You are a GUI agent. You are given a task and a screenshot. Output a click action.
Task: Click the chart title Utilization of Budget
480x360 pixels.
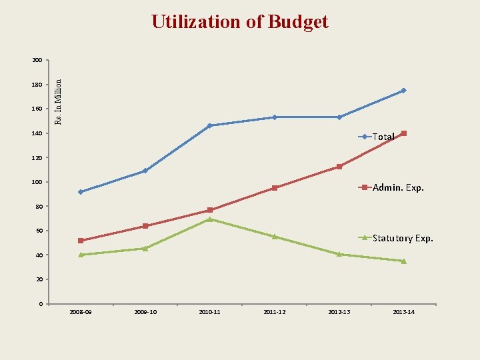click(239, 22)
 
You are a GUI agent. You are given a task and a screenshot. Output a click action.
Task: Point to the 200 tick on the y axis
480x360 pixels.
click(37, 61)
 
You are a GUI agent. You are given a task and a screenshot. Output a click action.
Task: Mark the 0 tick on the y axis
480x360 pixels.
click(40, 304)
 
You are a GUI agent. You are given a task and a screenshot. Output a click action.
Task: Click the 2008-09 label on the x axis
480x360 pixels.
click(81, 312)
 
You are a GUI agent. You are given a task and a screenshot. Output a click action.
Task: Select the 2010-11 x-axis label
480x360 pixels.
click(210, 312)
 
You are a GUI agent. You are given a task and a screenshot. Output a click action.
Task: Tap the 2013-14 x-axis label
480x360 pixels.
click(404, 312)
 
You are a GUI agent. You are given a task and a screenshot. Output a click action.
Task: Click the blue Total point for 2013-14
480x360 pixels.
click(404, 91)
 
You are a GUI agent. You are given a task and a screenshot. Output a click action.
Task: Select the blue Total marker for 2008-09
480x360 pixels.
click(81, 192)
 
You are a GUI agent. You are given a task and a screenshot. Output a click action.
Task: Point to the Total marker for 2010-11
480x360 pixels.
click(210, 125)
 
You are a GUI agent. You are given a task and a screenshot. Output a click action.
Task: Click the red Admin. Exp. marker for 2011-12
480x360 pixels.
click(275, 188)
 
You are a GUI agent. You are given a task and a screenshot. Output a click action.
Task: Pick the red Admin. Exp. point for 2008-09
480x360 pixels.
click(81, 241)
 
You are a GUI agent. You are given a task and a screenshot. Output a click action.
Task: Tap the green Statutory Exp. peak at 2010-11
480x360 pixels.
click(210, 219)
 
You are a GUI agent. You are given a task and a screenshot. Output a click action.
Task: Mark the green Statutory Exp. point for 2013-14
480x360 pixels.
click(404, 261)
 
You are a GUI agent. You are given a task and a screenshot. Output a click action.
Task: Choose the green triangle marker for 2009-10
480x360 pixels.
click(145, 248)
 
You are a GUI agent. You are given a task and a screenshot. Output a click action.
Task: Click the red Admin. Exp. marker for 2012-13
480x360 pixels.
click(339, 167)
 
